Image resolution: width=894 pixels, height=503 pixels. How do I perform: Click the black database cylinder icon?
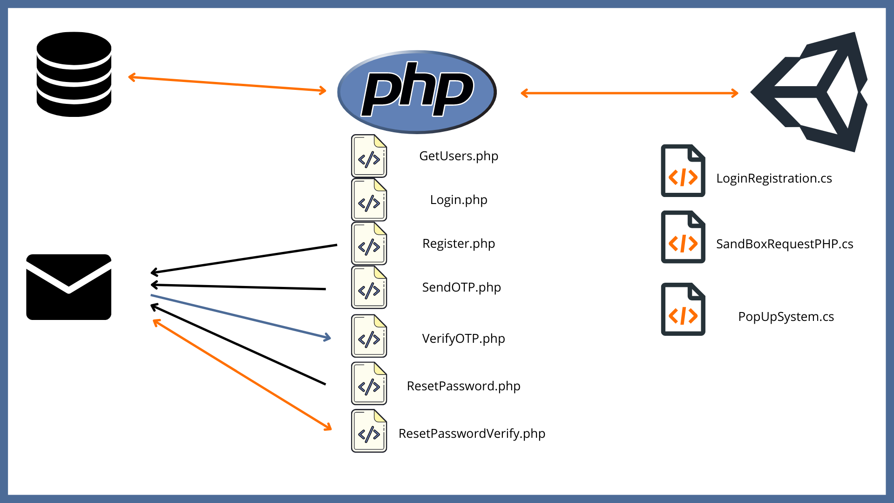coord(74,74)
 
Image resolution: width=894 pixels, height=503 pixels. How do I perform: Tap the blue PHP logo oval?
coord(417,92)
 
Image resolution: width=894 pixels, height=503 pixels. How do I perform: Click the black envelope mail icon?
coord(69,287)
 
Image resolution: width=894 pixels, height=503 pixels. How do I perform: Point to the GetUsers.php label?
coord(459,156)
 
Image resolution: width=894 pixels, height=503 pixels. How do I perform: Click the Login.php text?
coord(459,200)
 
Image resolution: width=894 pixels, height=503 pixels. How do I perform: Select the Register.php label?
coord(459,244)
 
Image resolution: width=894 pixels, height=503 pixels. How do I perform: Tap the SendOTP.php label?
coord(461,287)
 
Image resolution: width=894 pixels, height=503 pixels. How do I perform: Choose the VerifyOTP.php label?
coord(463,339)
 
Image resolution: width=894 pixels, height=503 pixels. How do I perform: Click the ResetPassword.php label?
coord(463,386)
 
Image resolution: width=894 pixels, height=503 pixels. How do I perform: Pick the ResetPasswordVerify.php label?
coord(472,434)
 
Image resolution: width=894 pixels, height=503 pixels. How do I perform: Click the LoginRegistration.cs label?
coord(774,178)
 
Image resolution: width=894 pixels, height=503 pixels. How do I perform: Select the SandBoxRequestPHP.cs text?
coord(785,244)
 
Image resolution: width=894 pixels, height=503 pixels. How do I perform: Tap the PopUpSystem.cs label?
coord(786,317)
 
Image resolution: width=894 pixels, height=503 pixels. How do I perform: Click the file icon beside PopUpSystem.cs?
coord(683,309)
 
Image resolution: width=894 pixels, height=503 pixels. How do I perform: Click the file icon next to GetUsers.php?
coord(369,156)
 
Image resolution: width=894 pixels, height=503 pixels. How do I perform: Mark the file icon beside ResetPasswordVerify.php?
coord(369,431)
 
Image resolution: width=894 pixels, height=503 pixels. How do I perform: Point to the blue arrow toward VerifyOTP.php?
coord(240,316)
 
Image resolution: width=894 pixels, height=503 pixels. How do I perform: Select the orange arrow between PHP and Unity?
coord(629,93)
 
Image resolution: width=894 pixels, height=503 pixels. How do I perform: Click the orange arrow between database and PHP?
coord(227,84)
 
